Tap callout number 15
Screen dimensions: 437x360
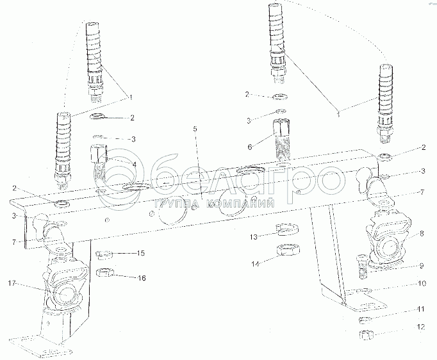point(140,254)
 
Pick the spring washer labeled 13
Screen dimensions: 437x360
point(284,229)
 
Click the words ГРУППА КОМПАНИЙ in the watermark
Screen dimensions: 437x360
point(214,204)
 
